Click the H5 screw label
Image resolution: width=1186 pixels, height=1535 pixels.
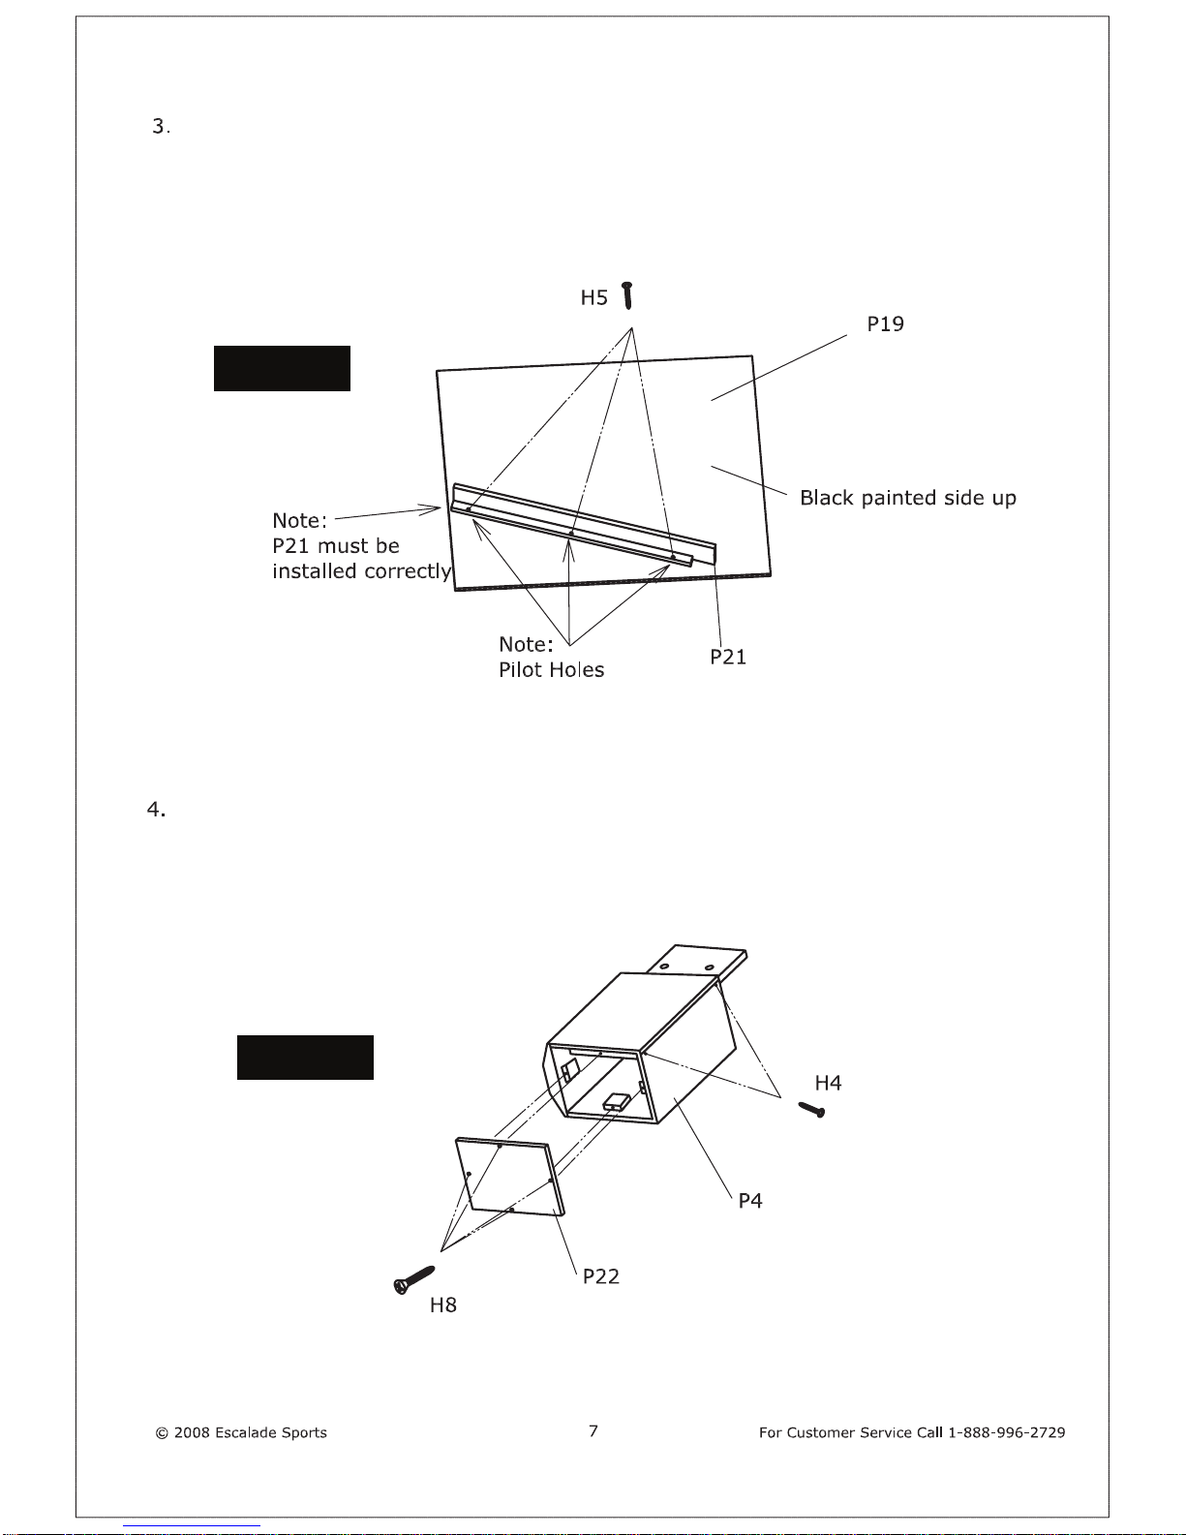(593, 297)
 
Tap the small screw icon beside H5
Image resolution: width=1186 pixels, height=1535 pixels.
(627, 295)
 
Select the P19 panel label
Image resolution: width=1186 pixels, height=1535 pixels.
(885, 323)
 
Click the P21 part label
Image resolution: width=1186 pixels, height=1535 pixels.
(728, 657)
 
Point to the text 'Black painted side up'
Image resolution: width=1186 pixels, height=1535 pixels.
(908, 498)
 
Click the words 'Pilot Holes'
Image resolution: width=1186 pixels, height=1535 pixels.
(551, 669)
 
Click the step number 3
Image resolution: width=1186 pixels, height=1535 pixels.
(161, 127)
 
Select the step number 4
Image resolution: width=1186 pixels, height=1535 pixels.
(156, 810)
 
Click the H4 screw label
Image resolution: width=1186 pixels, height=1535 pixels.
(828, 1083)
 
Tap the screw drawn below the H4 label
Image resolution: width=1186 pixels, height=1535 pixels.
(812, 1110)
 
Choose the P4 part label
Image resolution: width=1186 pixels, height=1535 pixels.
(749, 1201)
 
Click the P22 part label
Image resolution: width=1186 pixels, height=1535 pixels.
(601, 1276)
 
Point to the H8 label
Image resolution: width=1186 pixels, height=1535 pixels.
(443, 1305)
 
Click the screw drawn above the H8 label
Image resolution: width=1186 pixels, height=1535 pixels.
(413, 1280)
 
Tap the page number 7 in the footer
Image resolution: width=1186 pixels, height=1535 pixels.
(593, 1431)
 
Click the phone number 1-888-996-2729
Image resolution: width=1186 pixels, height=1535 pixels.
(1007, 1432)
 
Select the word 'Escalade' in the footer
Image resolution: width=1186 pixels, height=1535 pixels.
(246, 1432)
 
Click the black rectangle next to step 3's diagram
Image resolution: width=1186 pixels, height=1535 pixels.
(282, 368)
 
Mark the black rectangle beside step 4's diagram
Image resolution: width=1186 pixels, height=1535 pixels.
(305, 1058)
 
